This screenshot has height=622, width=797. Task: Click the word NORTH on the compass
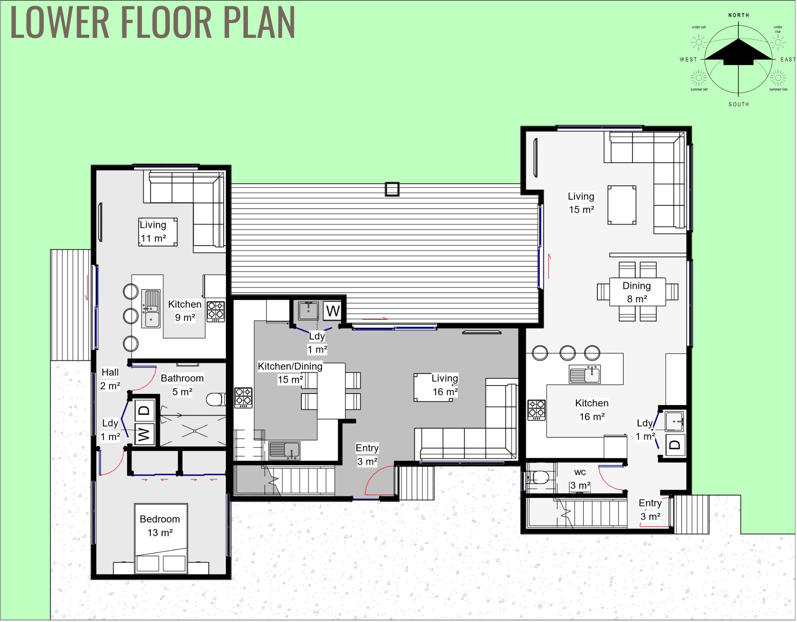[x=738, y=15]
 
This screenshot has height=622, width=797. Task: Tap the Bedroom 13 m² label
[x=160, y=526]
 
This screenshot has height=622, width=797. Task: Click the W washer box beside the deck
[x=333, y=311]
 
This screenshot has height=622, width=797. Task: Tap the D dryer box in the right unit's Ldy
[x=675, y=445]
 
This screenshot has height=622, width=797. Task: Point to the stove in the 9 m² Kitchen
[x=216, y=311]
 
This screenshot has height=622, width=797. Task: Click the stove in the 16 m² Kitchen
[x=536, y=410]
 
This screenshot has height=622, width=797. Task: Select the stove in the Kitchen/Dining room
[x=243, y=398]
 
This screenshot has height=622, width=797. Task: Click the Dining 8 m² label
[x=636, y=292]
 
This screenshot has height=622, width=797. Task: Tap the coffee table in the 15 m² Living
[x=622, y=205]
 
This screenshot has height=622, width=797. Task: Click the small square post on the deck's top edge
[x=392, y=189]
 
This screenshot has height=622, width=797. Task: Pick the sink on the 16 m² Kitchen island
[x=585, y=374]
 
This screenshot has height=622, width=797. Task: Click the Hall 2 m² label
[x=110, y=379]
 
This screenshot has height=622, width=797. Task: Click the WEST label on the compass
[x=688, y=59]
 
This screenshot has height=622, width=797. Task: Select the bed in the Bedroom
[x=161, y=538]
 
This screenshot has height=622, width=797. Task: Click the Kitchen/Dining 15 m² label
[x=290, y=372]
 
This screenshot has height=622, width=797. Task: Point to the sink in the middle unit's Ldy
[x=308, y=311]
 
